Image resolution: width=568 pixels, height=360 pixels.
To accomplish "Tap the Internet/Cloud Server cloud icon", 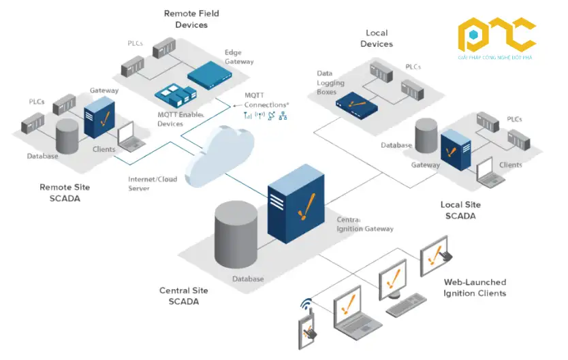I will point(219,156).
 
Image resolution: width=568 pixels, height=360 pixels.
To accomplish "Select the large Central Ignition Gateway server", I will point(294,204).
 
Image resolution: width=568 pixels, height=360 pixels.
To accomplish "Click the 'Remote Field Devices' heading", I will point(186,19).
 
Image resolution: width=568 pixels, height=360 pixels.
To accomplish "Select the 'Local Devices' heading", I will point(377,38).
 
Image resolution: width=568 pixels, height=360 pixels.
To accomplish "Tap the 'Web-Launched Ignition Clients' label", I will point(475,288).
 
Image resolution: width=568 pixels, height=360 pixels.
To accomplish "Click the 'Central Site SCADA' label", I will point(183,296).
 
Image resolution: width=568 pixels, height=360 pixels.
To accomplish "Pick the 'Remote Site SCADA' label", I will point(65,192).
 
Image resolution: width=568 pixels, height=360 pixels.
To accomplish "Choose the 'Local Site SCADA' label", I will point(460,210).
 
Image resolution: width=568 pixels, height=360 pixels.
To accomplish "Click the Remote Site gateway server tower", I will point(97,118).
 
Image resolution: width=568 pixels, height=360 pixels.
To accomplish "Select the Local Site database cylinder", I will point(426,136).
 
